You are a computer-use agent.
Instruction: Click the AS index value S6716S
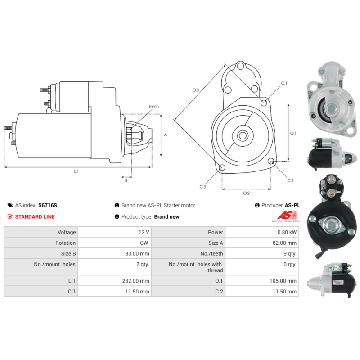coord(48,205)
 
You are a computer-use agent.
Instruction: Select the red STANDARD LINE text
coord(35,217)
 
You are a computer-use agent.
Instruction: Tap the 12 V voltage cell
coord(144,232)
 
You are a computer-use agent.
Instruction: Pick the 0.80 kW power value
coord(287,232)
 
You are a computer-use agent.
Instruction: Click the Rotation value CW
coord(144,243)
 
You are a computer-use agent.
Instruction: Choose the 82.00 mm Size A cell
coord(284,243)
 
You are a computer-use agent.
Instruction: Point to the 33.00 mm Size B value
coord(137,253)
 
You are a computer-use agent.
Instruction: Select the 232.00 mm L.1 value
coord(136,281)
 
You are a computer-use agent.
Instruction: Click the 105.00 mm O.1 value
coord(283,281)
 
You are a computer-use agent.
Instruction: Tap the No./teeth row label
coord(211,253)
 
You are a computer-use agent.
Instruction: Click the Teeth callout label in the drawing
coord(153,107)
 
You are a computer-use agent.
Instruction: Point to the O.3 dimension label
coord(196,90)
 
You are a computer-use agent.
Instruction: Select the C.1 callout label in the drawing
coord(284,83)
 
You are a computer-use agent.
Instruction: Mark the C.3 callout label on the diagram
coord(202,187)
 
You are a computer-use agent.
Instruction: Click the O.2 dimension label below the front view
coord(246,193)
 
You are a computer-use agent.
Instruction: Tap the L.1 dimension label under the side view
coord(76,171)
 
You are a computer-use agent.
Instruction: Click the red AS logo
coord(287,216)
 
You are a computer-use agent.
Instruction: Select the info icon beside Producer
coord(257,205)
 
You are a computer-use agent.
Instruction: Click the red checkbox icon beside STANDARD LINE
coord(10,216)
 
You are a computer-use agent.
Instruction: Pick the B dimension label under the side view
coord(126,181)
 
